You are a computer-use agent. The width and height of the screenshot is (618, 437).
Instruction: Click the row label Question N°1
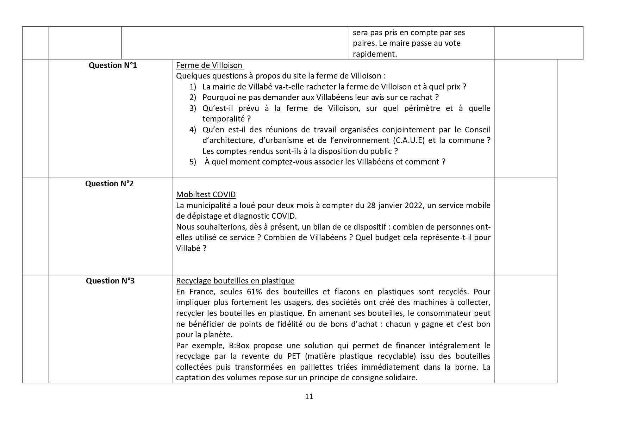click(113, 65)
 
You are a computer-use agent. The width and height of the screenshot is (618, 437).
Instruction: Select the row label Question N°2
click(109, 183)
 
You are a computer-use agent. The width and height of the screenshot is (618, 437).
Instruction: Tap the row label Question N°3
click(110, 281)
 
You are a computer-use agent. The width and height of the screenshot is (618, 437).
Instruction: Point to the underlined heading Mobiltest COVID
click(206, 194)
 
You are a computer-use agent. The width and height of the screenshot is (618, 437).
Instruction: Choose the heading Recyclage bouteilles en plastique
click(235, 281)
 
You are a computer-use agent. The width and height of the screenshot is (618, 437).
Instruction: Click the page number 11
click(309, 397)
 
